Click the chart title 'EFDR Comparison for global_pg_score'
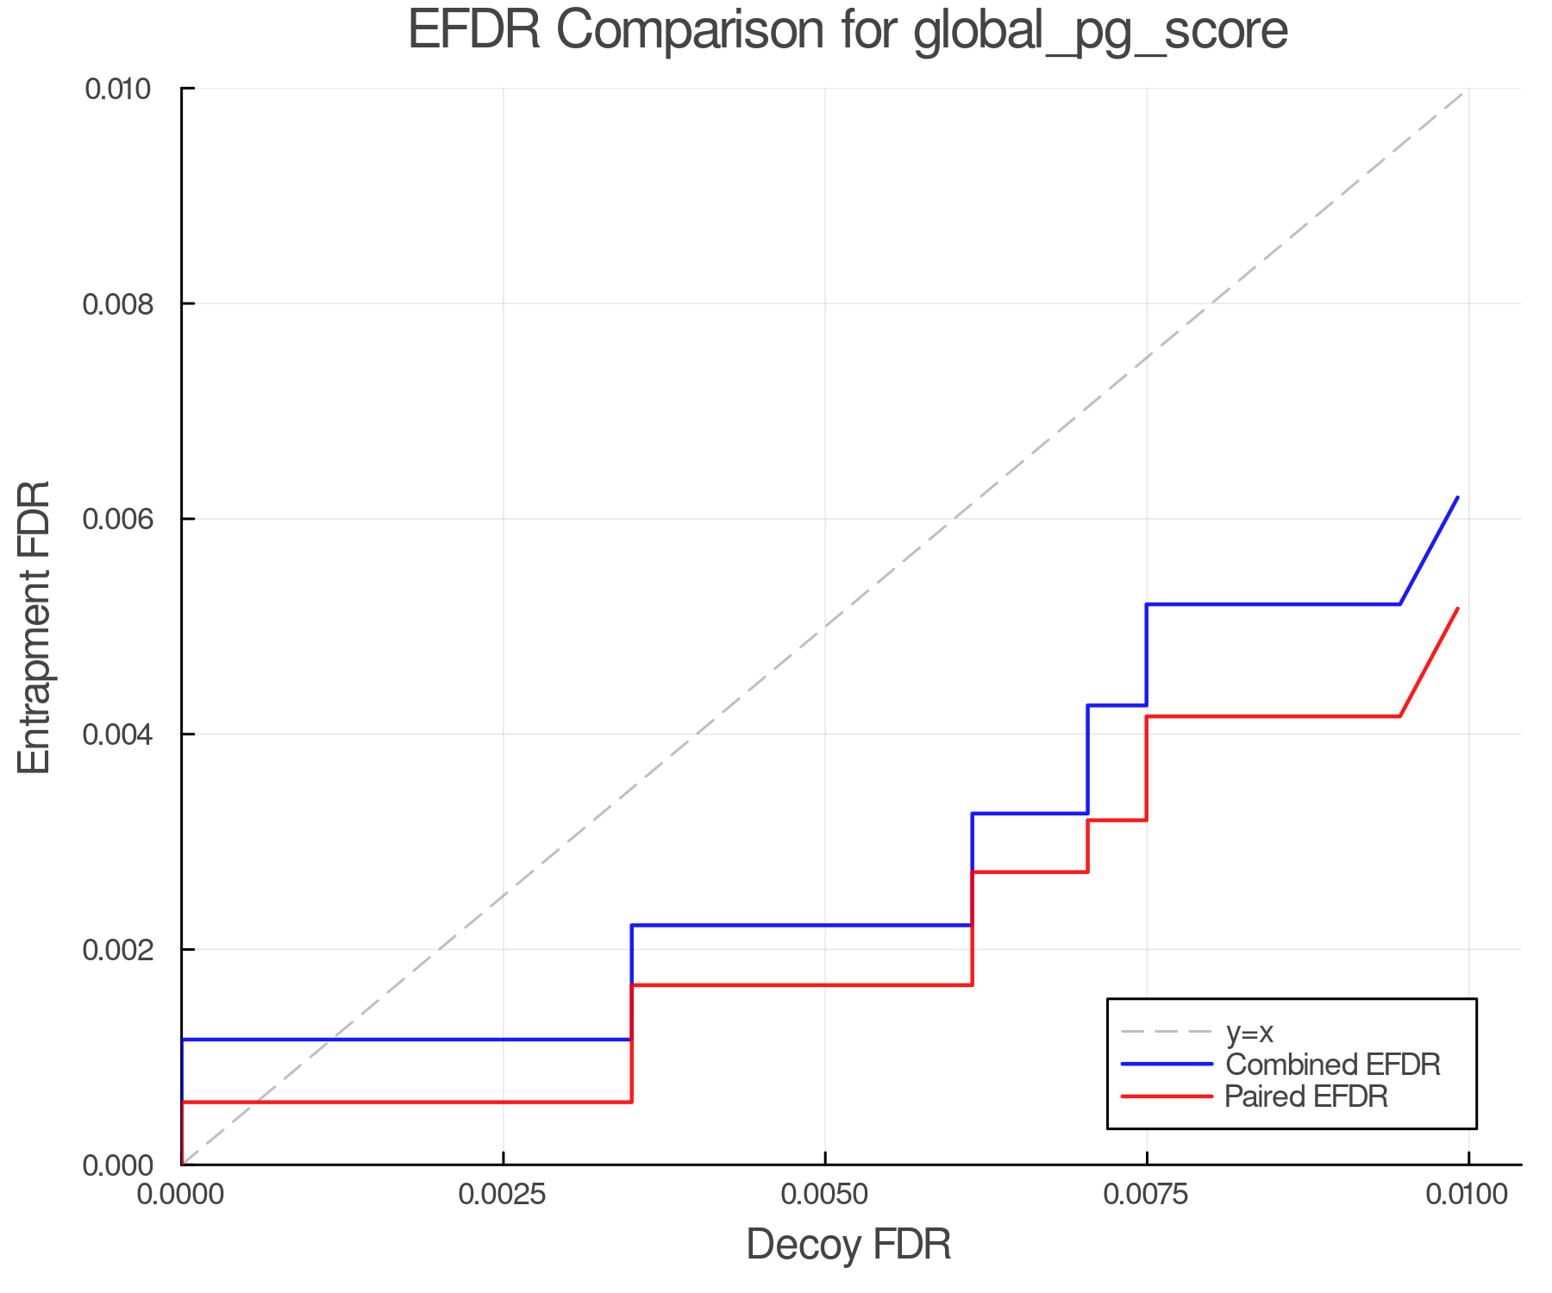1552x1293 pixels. [x=848, y=31]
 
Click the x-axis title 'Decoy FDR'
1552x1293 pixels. [x=848, y=1245]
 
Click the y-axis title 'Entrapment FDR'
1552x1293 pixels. [x=34, y=627]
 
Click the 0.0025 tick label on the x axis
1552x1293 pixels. [x=504, y=1195]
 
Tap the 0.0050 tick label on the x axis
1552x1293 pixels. [x=825, y=1195]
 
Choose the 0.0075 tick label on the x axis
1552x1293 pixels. [x=1147, y=1195]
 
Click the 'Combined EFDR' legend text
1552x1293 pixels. [x=1333, y=1065]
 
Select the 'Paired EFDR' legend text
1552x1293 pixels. [x=1306, y=1096]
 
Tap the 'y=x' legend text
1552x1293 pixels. [x=1249, y=1032]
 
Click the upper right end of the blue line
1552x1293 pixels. [x=1457, y=497]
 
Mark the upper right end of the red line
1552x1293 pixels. [x=1457, y=609]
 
